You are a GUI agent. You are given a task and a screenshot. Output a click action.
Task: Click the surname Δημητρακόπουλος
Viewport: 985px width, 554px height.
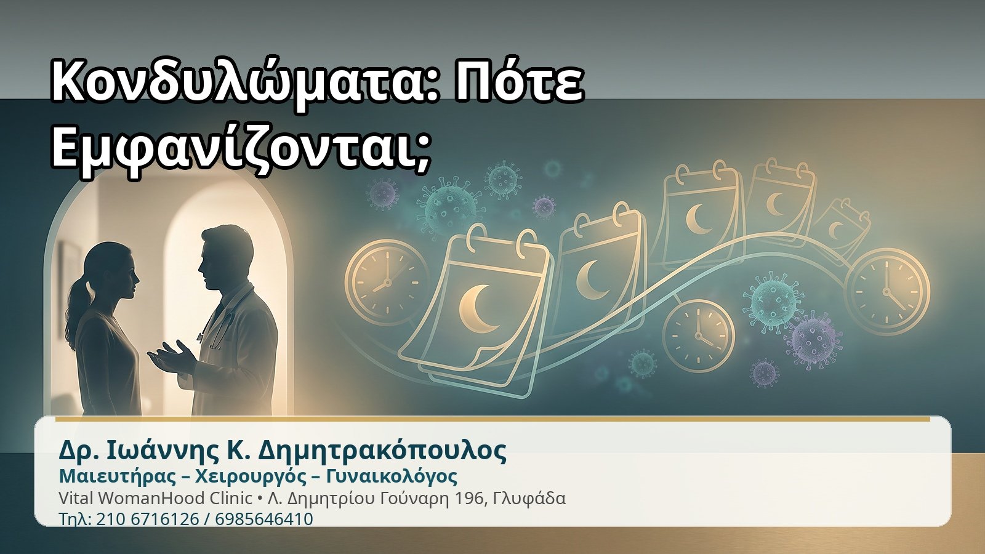click(382, 450)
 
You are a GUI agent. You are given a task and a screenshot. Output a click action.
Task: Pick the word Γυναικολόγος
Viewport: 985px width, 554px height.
click(392, 476)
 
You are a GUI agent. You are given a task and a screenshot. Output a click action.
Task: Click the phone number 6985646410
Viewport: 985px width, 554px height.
click(264, 519)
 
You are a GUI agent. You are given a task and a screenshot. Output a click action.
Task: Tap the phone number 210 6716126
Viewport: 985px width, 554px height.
click(147, 519)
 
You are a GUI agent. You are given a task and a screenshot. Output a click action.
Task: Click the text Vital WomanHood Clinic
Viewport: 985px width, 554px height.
click(155, 498)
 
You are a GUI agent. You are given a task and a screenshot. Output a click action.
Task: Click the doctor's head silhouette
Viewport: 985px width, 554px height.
click(227, 257)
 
